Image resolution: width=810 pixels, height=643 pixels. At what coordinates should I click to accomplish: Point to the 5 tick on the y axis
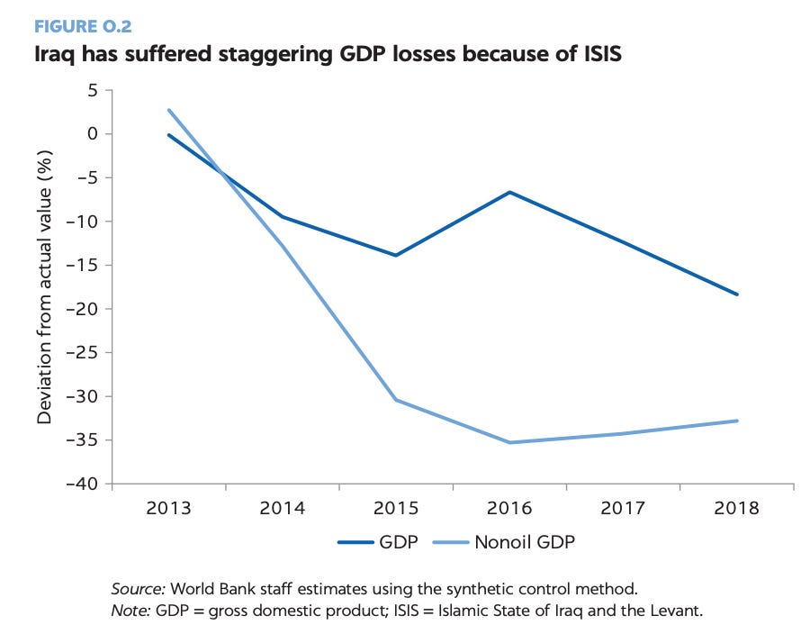pyautogui.click(x=92, y=90)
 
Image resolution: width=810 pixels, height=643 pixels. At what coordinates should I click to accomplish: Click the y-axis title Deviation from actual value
pyautogui.click(x=44, y=285)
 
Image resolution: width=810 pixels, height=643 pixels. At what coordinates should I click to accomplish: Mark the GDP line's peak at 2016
pyautogui.click(x=510, y=192)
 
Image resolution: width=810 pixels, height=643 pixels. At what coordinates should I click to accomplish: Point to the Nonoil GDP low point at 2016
pyautogui.click(x=510, y=442)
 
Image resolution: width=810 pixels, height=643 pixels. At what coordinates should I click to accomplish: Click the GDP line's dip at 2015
pyautogui.click(x=396, y=255)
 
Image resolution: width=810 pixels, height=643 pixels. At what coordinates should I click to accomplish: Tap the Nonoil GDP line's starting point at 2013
pyautogui.click(x=169, y=110)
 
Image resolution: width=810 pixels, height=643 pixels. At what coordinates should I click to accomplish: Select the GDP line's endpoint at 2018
pyautogui.click(x=737, y=294)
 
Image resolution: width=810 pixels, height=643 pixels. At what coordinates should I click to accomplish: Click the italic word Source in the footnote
pyautogui.click(x=138, y=590)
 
